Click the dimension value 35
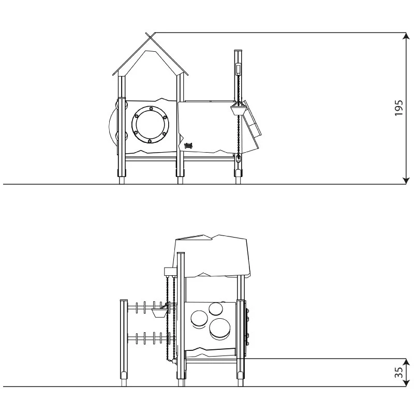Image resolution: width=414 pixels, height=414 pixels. coord(398,373)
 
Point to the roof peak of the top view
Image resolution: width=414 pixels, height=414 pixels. coord(150,35)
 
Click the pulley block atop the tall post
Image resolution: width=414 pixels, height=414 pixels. coord(239,68)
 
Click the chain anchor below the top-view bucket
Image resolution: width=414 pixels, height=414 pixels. coord(238,159)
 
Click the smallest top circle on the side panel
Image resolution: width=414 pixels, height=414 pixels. coord(215,309)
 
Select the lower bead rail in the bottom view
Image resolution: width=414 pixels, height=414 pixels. coord(150,339)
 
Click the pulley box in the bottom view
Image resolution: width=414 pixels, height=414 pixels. coord(170,271)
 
